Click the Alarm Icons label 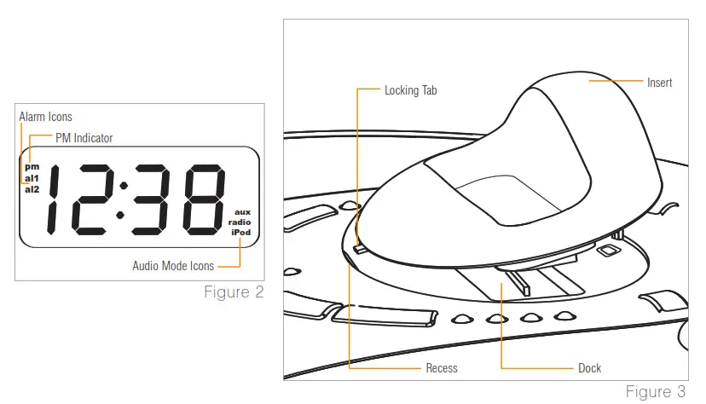(45, 117)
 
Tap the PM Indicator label (84, 137)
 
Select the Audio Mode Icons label (173, 266)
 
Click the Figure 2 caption (233, 293)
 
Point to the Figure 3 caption (655, 392)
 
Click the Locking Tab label (411, 89)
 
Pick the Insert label (659, 83)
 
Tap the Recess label (442, 368)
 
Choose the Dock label (589, 368)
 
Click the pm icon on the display (32, 167)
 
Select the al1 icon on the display (32, 178)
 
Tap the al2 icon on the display (32, 189)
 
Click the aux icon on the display (242, 211)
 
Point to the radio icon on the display (240, 222)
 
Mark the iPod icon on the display (240, 232)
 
